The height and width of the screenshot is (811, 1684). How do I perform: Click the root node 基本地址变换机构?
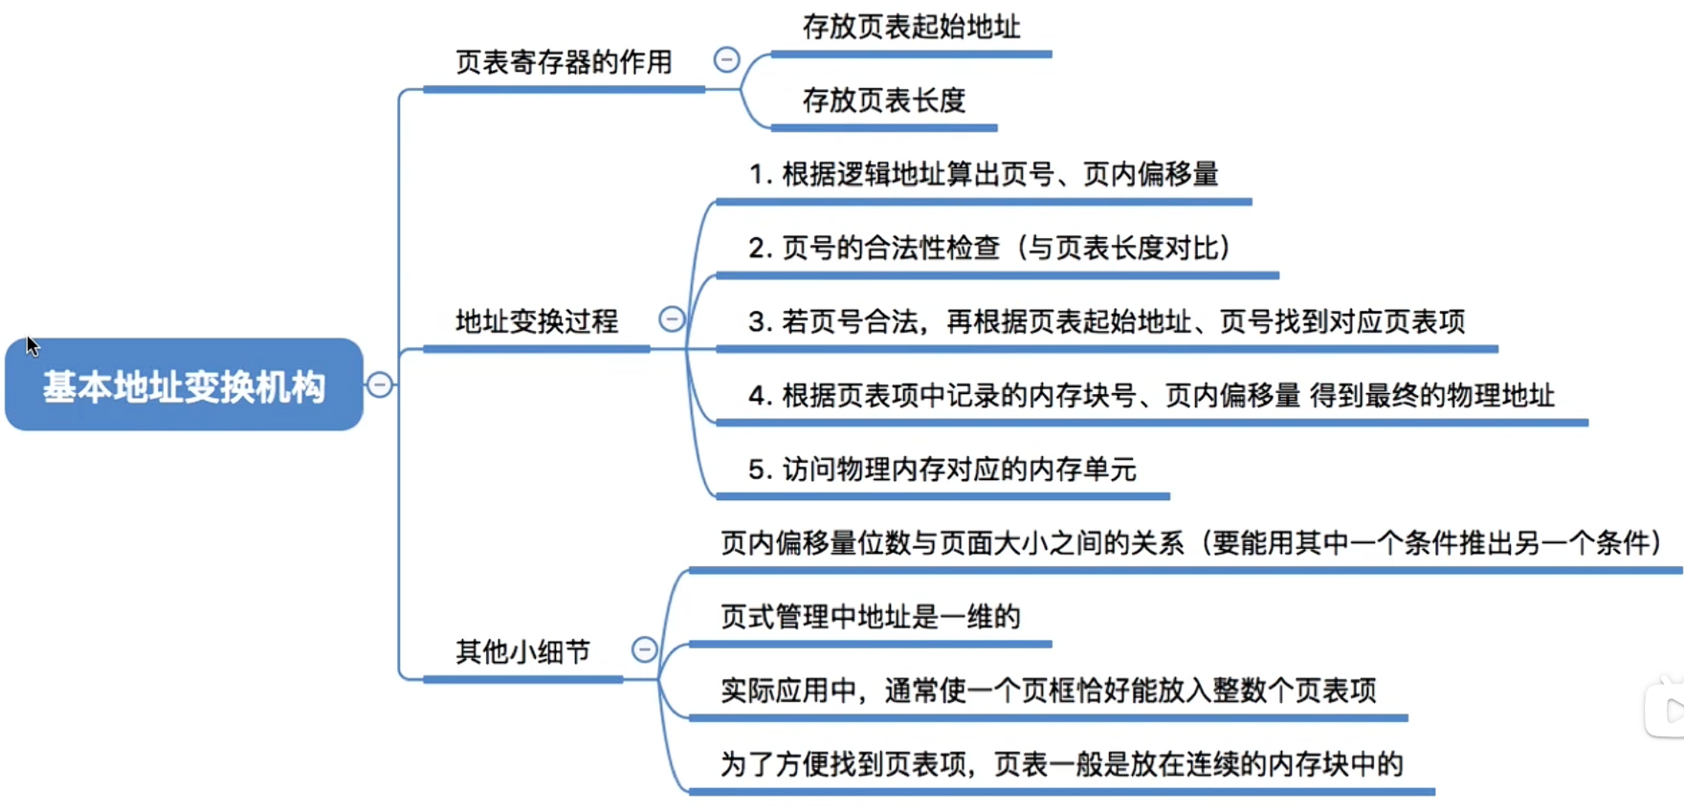(x=184, y=384)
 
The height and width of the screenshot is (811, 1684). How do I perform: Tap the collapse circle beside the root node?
(x=380, y=384)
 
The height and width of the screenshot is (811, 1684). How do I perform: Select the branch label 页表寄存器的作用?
(x=564, y=63)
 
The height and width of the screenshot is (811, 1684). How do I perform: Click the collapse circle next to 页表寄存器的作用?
(x=727, y=59)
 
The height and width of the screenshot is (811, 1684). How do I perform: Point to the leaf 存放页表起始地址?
(x=912, y=27)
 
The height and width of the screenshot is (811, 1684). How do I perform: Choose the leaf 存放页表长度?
(x=884, y=100)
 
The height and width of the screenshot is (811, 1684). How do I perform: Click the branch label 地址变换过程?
(x=537, y=321)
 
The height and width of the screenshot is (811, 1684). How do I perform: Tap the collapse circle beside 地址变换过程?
(x=673, y=318)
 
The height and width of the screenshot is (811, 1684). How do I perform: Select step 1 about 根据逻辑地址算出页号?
(x=984, y=174)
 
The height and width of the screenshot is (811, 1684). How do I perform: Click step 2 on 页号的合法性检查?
(x=989, y=248)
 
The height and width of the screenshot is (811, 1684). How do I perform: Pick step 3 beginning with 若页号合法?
(x=1107, y=321)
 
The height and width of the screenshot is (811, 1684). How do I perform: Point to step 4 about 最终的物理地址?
(x=1152, y=395)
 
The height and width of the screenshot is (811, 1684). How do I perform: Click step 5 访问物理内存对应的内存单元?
(x=942, y=470)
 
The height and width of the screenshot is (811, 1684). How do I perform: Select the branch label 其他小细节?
(x=522, y=652)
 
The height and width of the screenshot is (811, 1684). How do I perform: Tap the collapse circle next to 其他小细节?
(x=645, y=649)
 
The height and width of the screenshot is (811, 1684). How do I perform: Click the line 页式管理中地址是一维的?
(x=871, y=617)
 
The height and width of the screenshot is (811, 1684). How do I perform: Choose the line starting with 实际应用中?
(x=1049, y=690)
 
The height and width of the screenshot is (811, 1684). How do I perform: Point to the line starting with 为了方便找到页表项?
(x=1062, y=764)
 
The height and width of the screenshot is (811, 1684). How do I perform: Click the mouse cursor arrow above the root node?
(x=33, y=345)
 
